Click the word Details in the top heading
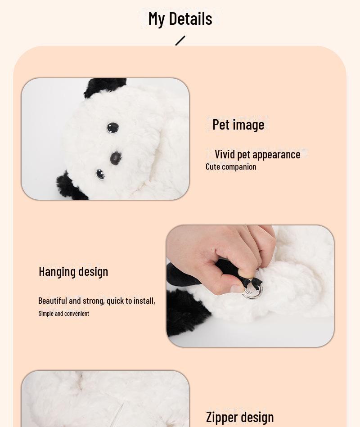191,18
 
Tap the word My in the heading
157,19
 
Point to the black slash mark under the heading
180,40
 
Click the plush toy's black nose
116,158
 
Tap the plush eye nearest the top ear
113,128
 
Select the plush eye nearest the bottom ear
100,174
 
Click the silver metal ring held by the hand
253,291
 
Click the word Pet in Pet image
221,125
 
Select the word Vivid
225,154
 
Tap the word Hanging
57,272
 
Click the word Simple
46,314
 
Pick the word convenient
76,314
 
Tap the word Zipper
222,417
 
